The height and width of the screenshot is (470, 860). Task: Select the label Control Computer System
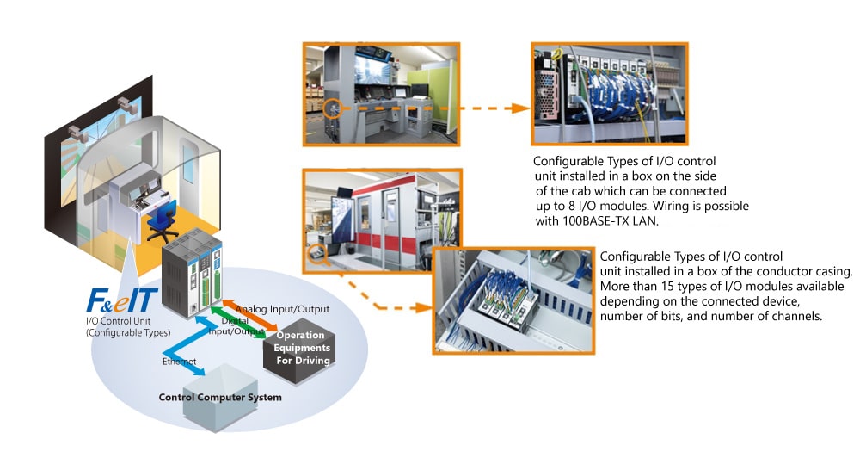220,398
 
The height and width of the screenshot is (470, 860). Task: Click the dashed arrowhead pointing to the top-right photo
517,108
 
